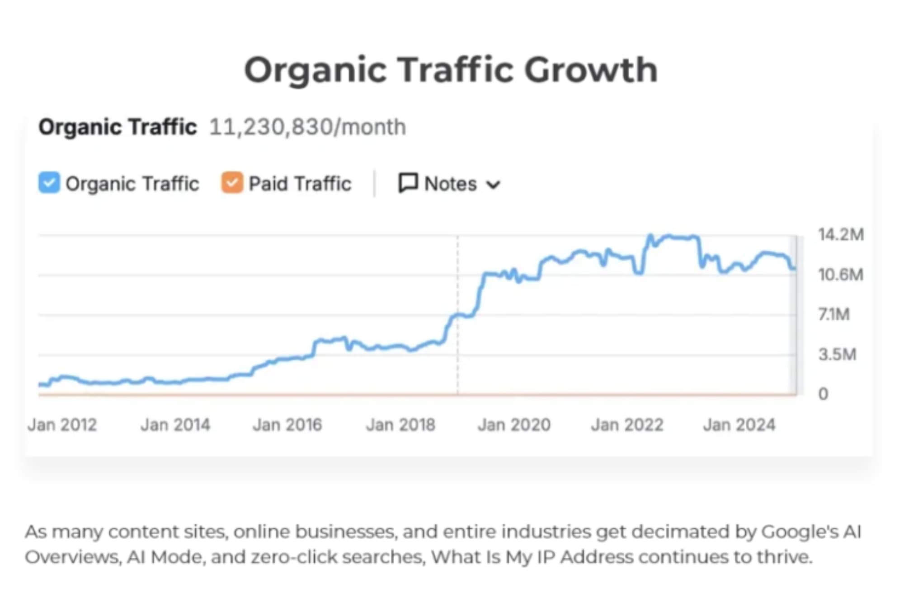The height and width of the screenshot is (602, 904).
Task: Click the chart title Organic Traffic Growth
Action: (x=451, y=70)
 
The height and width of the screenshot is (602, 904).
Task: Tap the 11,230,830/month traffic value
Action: (x=307, y=127)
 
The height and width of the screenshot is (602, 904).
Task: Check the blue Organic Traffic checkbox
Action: (x=49, y=183)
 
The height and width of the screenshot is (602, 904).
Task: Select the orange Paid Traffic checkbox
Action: (x=232, y=183)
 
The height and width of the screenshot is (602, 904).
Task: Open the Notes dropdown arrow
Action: (x=493, y=184)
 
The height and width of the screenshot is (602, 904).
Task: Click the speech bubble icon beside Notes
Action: (x=408, y=183)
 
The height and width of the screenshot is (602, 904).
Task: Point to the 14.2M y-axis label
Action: (x=841, y=234)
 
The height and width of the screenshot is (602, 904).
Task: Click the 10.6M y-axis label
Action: (x=841, y=275)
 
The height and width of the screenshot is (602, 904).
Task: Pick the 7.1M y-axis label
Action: (x=834, y=314)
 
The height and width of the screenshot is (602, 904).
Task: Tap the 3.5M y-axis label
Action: (x=837, y=355)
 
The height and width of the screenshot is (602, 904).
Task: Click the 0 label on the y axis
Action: (x=823, y=394)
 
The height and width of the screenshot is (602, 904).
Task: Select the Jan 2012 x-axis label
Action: (x=62, y=425)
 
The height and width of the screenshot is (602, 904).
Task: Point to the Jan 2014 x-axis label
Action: (x=175, y=425)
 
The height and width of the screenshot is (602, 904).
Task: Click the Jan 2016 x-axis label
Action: (x=287, y=425)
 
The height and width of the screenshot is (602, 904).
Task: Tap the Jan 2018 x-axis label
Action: (x=400, y=425)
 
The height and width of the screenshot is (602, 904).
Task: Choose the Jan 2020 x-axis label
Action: (x=514, y=425)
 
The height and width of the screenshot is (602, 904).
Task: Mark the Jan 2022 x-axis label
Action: (x=627, y=425)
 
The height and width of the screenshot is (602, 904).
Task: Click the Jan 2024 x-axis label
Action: (x=739, y=425)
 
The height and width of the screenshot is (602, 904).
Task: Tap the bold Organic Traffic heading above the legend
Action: (x=118, y=127)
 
